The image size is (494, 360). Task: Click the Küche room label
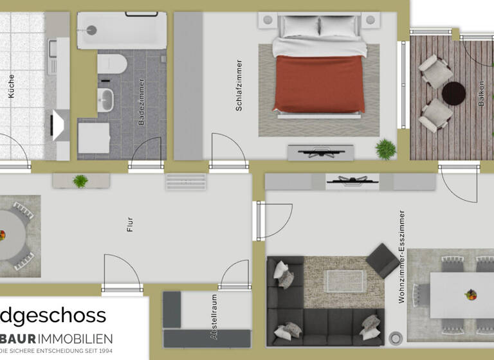(x=11, y=85)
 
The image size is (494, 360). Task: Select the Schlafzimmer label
(x=239, y=85)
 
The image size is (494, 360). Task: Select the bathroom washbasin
(x=105, y=100)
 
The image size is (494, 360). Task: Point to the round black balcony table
(x=453, y=93)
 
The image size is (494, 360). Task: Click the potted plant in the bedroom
(x=386, y=149)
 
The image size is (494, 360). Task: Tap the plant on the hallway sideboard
(x=80, y=181)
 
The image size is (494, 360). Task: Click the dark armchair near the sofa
(x=382, y=260)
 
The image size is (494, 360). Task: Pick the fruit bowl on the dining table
(x=471, y=295)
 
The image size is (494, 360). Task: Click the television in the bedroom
(x=320, y=152)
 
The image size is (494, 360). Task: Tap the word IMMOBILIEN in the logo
(x=75, y=338)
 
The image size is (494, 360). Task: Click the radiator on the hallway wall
(x=186, y=181)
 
